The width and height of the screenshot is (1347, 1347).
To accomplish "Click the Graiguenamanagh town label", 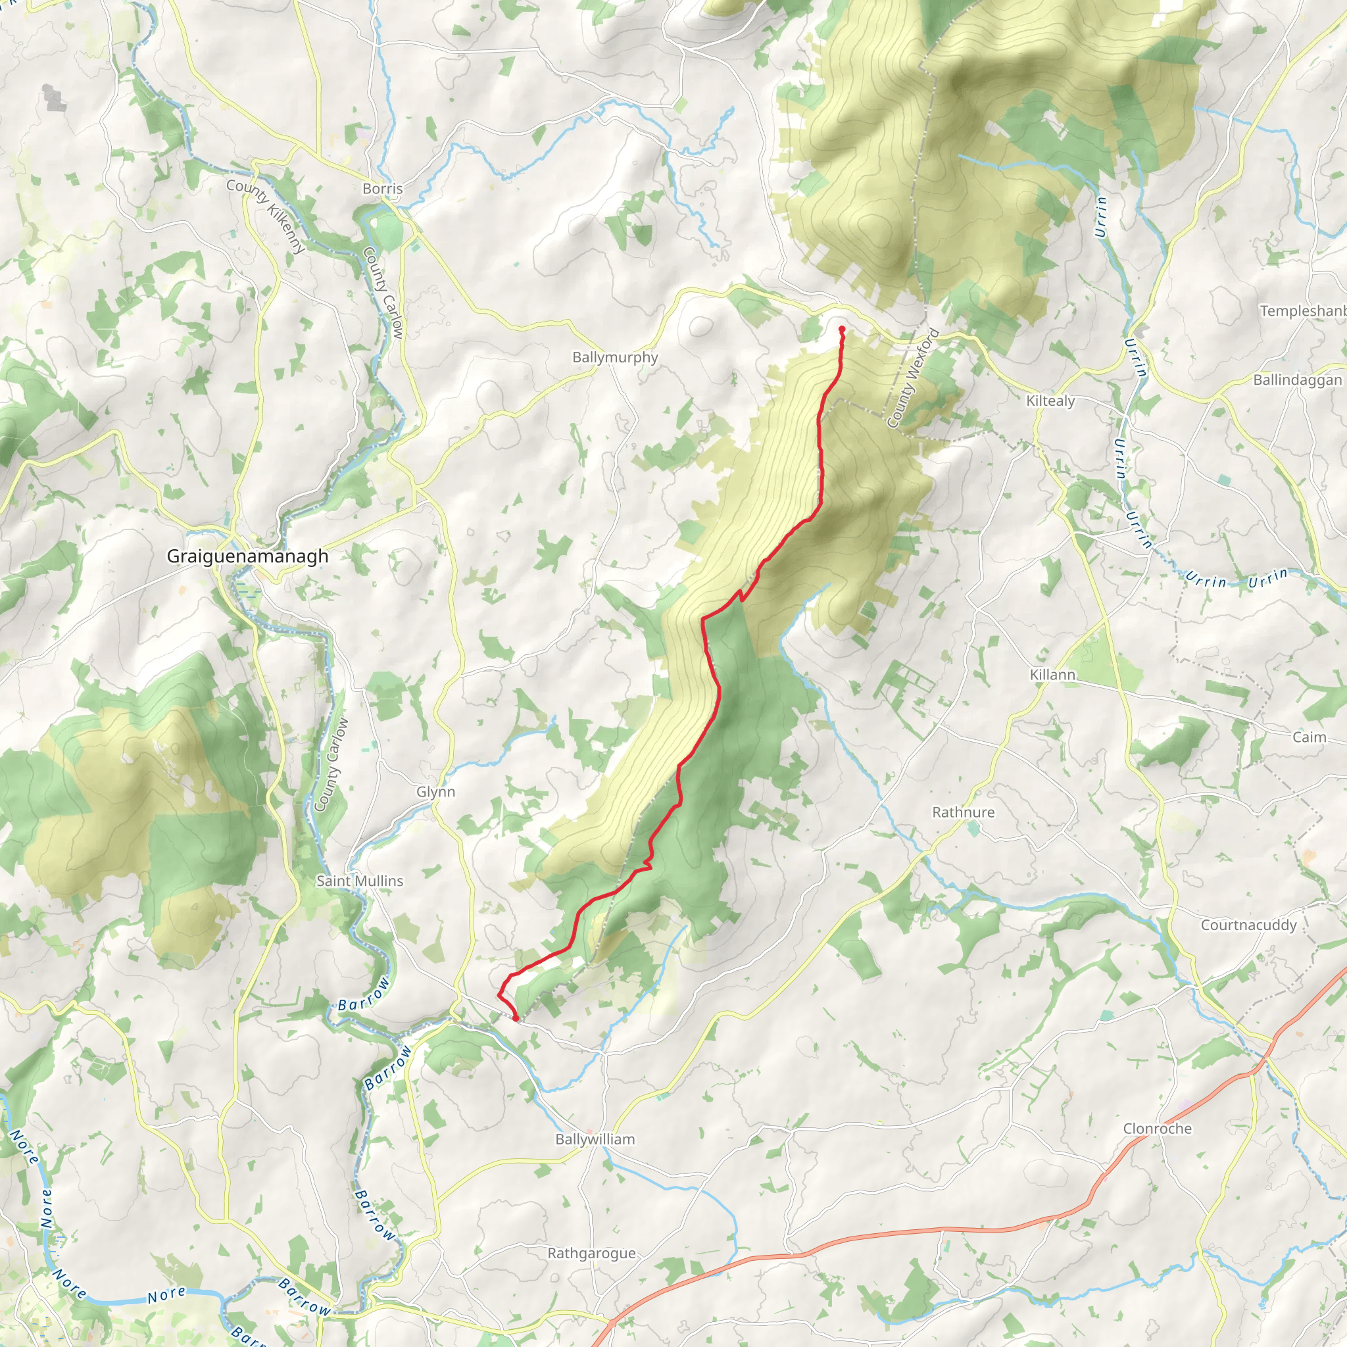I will [247, 556].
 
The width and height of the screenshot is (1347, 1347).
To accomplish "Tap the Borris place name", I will [382, 189].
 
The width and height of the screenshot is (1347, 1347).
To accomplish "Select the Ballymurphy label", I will [615, 357].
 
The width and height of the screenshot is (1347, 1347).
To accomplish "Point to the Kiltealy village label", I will [1050, 401].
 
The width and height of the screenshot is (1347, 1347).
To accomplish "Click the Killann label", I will [1052, 674].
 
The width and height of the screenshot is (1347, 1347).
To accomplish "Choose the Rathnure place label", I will [963, 812].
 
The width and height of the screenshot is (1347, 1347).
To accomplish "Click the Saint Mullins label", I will [360, 881].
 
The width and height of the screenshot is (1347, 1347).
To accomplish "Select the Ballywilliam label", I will [595, 1139].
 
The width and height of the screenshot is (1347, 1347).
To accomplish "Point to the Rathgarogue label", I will [591, 1253].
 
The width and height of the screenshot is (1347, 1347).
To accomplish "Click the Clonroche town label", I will [1158, 1128].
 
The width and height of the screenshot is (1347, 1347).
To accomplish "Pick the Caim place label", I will [1309, 737].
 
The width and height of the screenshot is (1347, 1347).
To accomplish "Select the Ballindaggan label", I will [1297, 380].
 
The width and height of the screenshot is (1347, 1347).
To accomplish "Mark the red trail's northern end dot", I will [841, 329].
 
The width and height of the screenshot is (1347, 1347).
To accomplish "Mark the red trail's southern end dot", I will [515, 1019].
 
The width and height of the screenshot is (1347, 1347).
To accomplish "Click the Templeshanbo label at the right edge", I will [1302, 311].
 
